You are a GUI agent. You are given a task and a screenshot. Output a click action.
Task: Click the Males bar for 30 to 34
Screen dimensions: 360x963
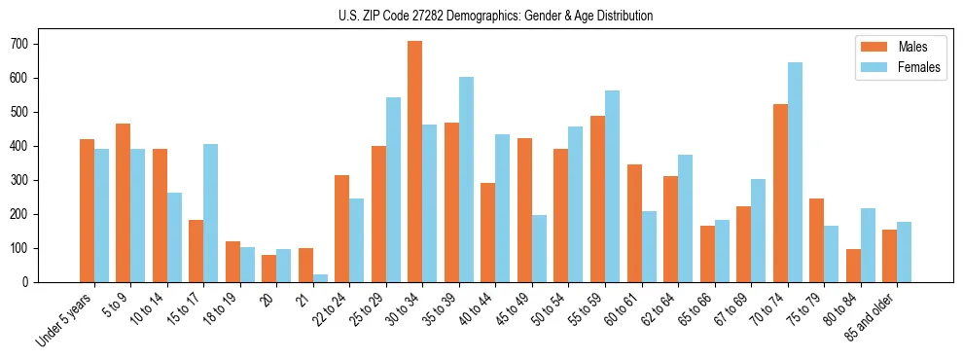click(415, 162)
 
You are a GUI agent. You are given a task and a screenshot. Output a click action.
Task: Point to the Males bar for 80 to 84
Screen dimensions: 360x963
click(853, 266)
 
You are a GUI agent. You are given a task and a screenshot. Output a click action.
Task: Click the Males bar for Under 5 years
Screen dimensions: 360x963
click(87, 211)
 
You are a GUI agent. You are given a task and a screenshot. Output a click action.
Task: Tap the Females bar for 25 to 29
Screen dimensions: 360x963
click(393, 190)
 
